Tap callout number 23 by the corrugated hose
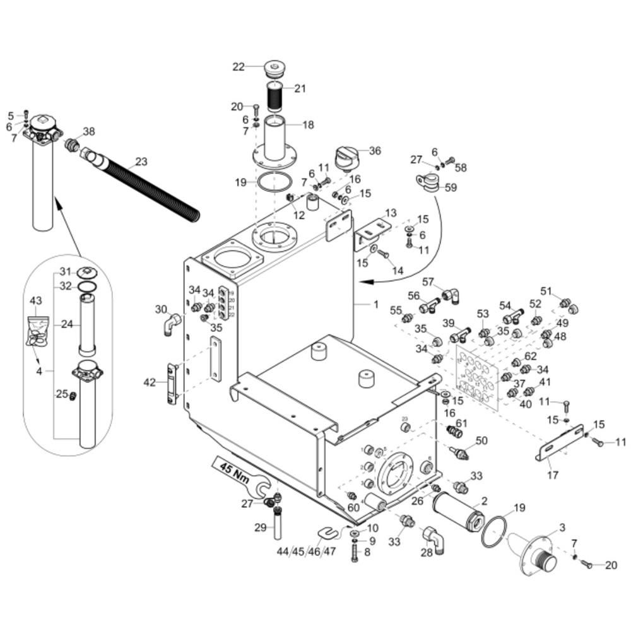point(141,162)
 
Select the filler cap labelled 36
point(346,156)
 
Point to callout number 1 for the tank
point(376,304)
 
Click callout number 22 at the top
point(238,67)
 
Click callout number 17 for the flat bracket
point(553,475)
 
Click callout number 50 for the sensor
point(481,440)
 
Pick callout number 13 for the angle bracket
point(391,213)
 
